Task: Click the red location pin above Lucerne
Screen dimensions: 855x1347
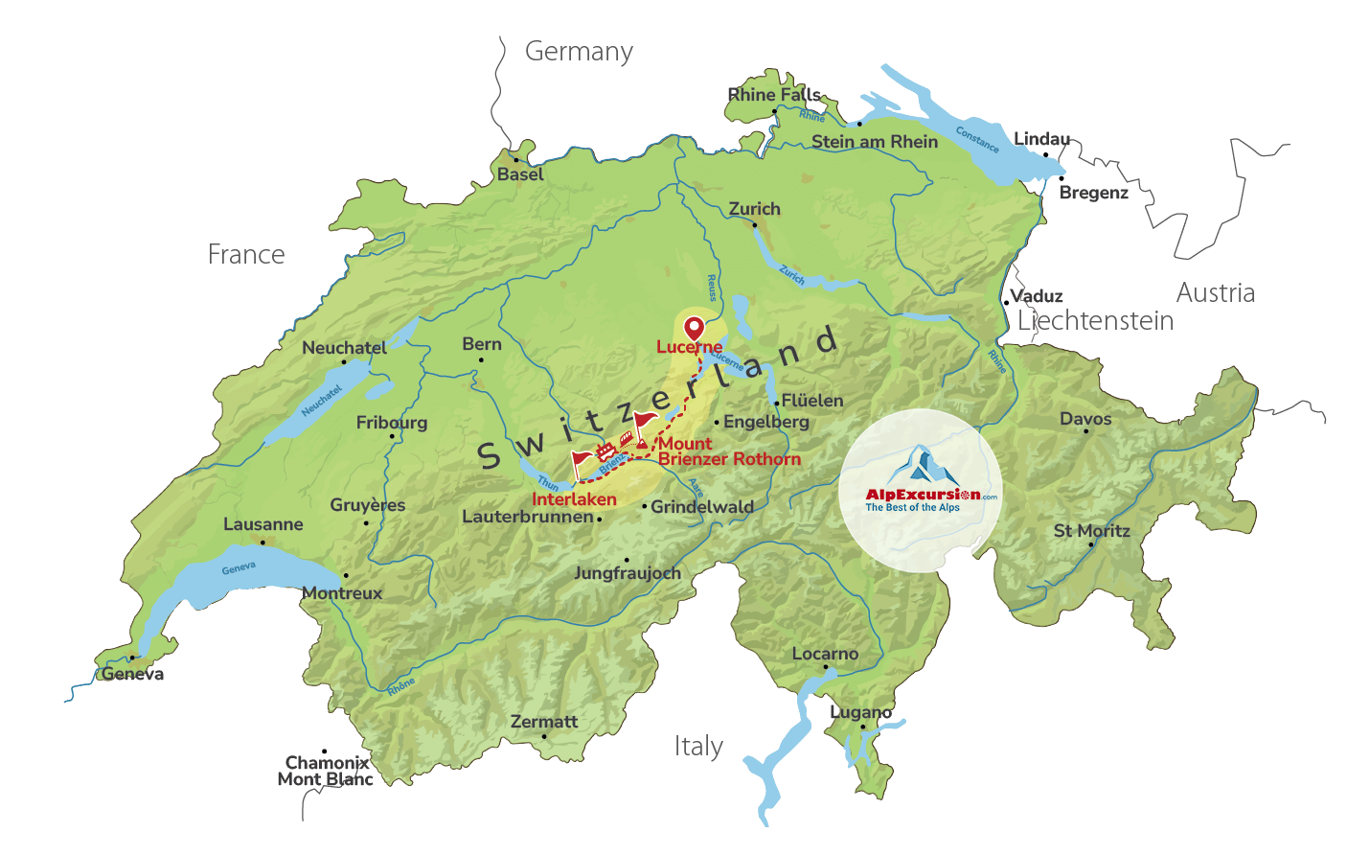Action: pos(694,328)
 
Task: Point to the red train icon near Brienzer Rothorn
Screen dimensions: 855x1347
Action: pos(627,438)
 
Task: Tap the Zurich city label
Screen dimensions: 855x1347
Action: pos(754,209)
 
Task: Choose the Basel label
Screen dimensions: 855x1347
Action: pos(520,174)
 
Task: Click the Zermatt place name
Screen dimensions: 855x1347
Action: pos(544,722)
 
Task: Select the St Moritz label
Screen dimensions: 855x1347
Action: pos(1091,531)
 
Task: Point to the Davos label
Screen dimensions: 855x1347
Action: pos(1085,419)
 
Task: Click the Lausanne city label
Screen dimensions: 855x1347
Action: pos(263,524)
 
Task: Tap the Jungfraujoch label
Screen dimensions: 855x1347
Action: pos(627,573)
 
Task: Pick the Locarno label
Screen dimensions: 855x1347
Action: pos(825,654)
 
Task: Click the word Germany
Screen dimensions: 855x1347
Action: pos(579,52)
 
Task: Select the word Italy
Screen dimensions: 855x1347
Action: pos(698,746)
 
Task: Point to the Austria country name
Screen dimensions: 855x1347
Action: pos(1215,293)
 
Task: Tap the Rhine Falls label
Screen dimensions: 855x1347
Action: pos(774,95)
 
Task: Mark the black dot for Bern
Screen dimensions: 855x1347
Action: pos(481,360)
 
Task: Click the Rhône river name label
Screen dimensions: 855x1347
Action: pos(401,685)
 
